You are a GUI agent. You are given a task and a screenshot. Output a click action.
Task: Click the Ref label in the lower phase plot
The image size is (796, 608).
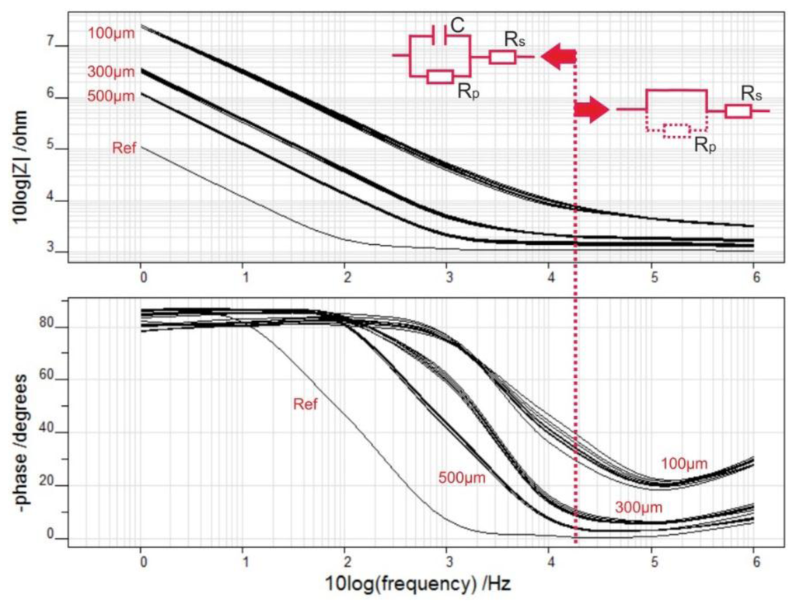(x=307, y=404)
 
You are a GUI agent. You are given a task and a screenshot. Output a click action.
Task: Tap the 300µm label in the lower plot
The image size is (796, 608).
(x=640, y=507)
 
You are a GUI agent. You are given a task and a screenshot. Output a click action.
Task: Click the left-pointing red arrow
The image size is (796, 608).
(x=560, y=57)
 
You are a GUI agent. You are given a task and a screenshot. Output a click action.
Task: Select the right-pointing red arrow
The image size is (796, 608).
(x=591, y=110)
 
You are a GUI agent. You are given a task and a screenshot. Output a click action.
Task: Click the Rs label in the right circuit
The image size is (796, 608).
(x=750, y=93)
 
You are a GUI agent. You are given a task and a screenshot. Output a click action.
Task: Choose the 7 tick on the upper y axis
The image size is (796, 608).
(x=52, y=44)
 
